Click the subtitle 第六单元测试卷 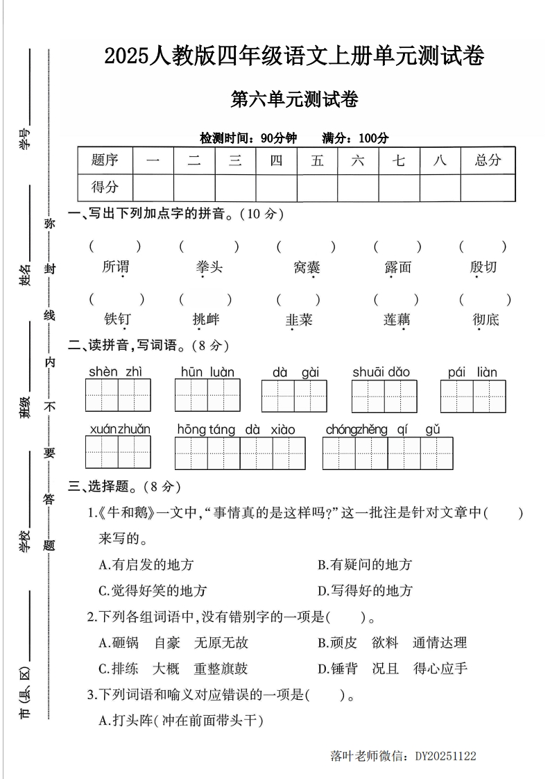point(294,101)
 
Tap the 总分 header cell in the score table point(488,160)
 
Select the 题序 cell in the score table point(105,160)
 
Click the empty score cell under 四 point(276,187)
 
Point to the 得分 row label point(105,187)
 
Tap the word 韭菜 point(299,320)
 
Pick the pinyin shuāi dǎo point(381,372)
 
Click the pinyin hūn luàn point(207,372)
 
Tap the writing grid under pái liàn point(473,396)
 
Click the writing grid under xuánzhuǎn point(118,453)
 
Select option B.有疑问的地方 point(365,564)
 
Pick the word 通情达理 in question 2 point(440,643)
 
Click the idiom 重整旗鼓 point(221,669)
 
